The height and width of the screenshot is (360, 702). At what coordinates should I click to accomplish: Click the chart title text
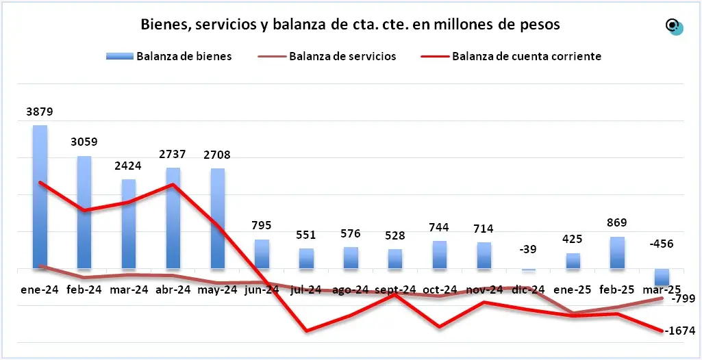tap(350, 25)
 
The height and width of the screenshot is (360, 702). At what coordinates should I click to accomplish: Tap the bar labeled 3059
tap(84, 212)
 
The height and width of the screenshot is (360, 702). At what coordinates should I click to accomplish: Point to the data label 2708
tap(217, 155)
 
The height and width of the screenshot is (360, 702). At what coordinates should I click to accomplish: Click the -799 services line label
tap(684, 299)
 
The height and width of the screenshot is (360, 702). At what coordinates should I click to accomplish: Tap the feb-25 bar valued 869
tap(616, 253)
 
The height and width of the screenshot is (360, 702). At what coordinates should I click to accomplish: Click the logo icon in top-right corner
tap(674, 27)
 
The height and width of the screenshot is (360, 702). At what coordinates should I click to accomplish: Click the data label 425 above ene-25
tap(573, 240)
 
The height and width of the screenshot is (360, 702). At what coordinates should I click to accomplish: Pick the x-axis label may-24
tap(217, 290)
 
